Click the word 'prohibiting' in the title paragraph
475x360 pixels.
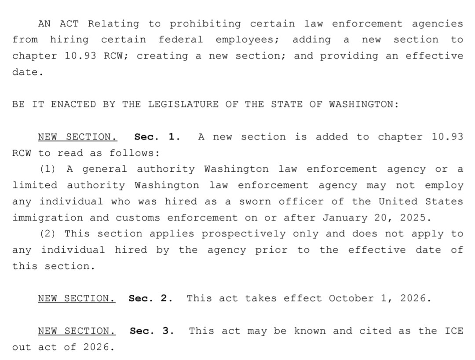point(205,24)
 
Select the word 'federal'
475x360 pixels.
point(181,40)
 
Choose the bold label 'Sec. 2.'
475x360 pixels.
point(150,298)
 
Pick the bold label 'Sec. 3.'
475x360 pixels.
point(152,331)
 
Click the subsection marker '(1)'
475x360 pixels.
point(48,169)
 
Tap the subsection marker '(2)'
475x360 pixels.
point(48,234)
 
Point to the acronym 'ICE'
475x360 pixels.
point(453,331)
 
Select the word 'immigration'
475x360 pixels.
point(47,217)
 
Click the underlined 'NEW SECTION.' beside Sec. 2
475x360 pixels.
point(77,298)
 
